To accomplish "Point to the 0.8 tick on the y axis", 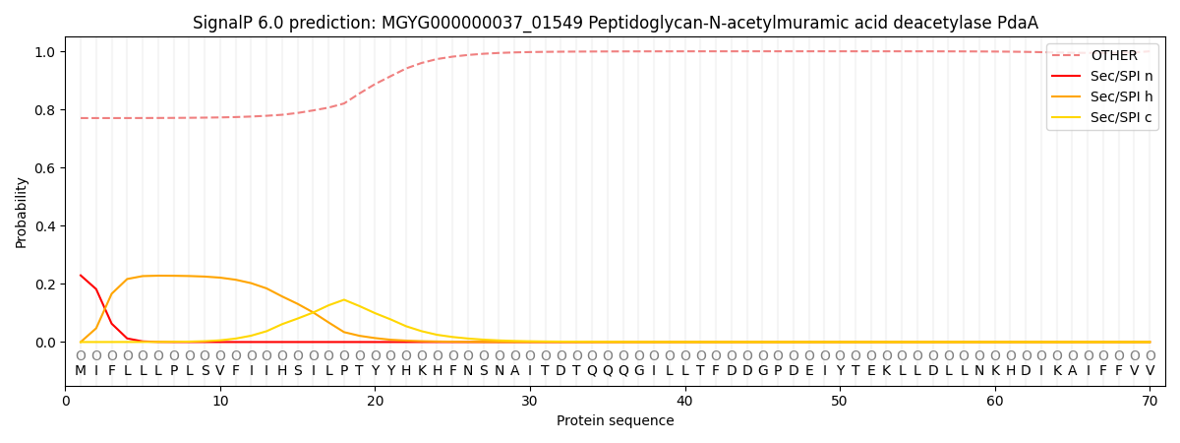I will pos(45,110).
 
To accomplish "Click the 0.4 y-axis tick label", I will pos(45,226).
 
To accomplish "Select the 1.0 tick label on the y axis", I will pos(45,52).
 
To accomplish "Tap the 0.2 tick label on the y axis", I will pos(45,285).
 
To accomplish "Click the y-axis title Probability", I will pos(22,212).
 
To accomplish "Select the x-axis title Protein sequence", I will pos(615,421).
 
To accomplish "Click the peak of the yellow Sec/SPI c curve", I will pos(344,299).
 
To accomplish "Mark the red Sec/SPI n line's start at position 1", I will pos(81,276).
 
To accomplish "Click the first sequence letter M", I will pos(81,371).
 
